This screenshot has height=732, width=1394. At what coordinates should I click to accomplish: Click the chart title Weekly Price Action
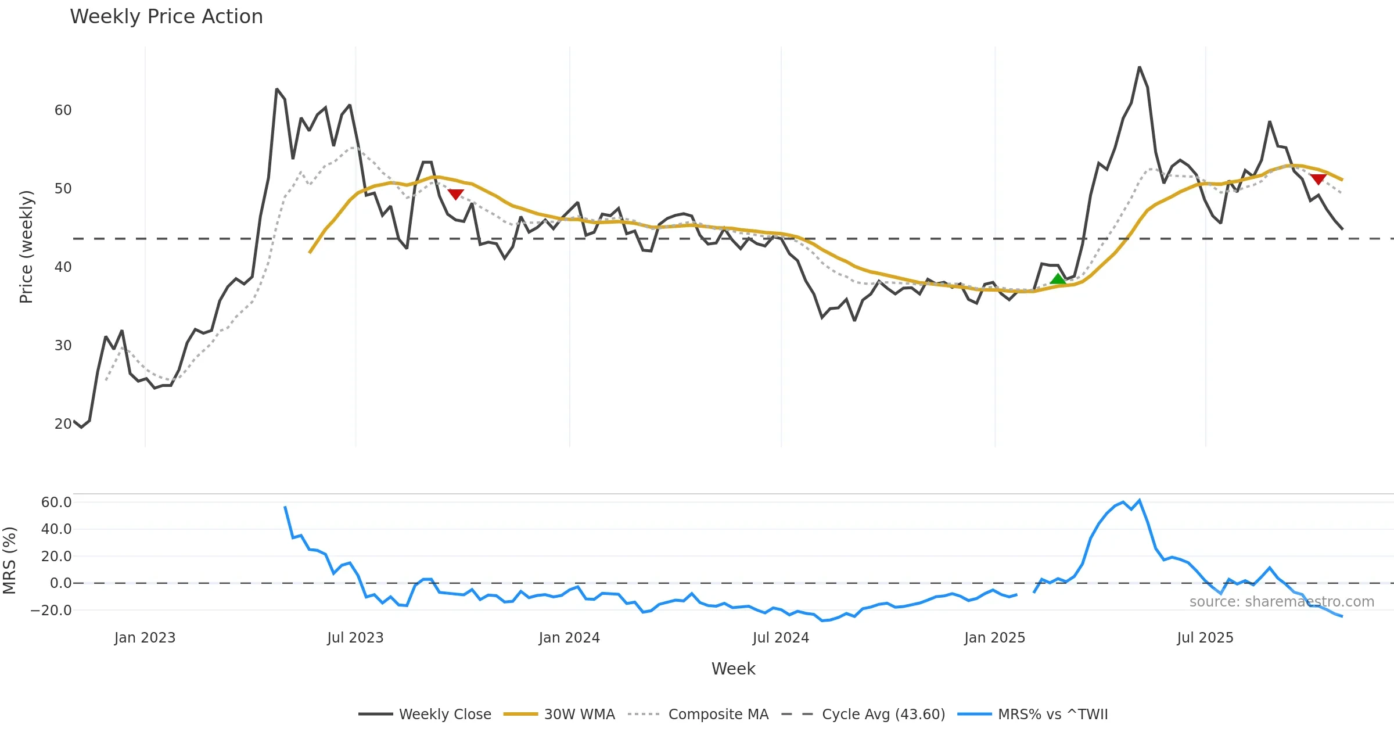pos(166,17)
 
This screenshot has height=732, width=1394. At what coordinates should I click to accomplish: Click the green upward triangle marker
pos(1058,279)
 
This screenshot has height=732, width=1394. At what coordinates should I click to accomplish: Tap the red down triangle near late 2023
pos(455,194)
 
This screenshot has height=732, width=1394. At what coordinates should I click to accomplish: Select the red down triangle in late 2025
pos(1318,179)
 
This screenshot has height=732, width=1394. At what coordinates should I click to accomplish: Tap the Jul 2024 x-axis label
pos(781,638)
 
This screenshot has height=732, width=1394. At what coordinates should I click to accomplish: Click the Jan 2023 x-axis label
pos(145,638)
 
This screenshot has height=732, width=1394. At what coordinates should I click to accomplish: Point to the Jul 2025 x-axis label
pos(1205,638)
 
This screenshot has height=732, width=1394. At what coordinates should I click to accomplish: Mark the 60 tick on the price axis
pos(63,110)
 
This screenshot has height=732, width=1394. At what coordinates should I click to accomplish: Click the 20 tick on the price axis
pos(63,424)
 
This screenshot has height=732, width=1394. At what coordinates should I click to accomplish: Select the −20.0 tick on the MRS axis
pos(51,611)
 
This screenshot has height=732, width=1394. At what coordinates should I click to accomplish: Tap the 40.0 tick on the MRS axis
pos(56,529)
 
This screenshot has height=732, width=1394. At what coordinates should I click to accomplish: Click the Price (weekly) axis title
pos(26,247)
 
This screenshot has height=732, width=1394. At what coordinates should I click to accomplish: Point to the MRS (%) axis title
pos(9,561)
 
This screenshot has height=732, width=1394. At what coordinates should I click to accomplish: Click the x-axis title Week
pos(733,669)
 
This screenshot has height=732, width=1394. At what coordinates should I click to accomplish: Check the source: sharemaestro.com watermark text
pos(1281,602)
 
